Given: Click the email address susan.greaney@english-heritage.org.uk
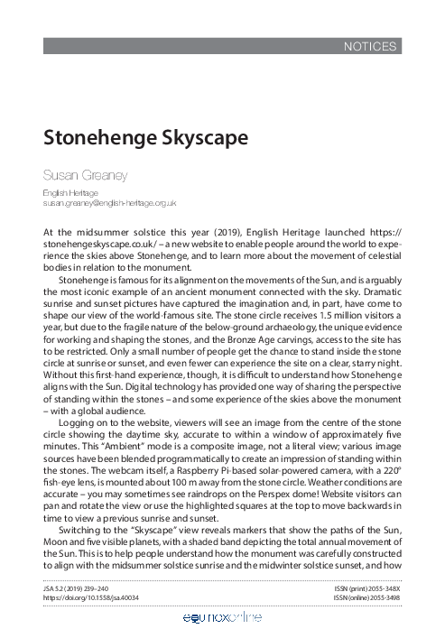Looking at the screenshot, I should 109,205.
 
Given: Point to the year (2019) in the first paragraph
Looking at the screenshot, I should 209,233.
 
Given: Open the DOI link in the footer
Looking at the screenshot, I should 94,597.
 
